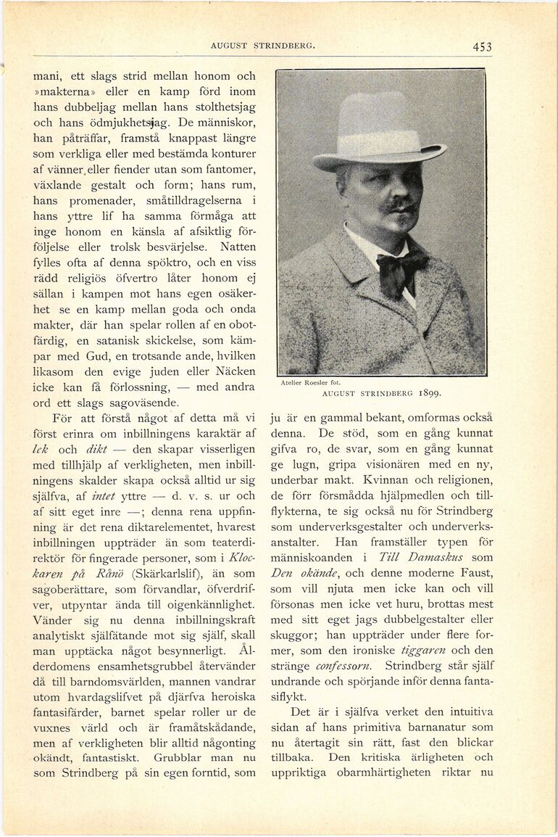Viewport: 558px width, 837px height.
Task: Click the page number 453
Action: click(x=482, y=47)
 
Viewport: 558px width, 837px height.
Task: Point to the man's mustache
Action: click(x=399, y=205)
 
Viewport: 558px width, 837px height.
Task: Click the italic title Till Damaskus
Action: click(x=433, y=557)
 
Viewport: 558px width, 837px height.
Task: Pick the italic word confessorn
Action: click(x=344, y=667)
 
